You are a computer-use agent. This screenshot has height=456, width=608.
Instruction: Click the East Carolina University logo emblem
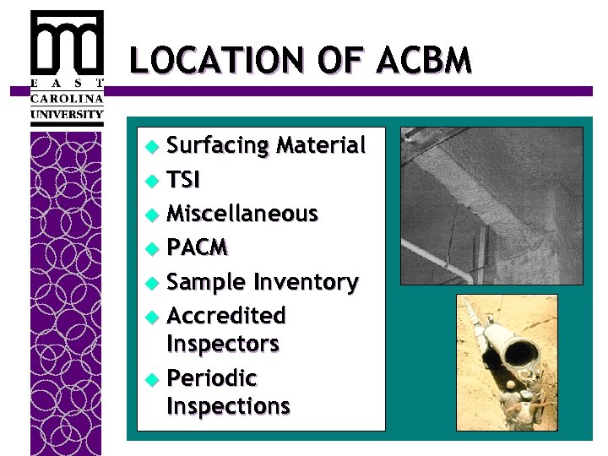click(67, 43)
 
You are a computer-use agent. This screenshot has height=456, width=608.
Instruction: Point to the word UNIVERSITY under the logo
click(67, 114)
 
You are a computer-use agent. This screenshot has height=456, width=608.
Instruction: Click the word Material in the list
click(322, 145)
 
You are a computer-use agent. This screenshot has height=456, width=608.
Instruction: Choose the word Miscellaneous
click(242, 214)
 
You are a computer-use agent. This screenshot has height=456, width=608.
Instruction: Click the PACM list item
click(198, 247)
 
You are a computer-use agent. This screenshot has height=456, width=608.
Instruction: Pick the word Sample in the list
click(206, 282)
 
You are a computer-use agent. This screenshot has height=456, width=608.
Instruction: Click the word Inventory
click(306, 281)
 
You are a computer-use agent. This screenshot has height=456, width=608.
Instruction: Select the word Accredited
click(227, 316)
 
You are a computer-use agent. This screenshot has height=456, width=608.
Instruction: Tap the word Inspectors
click(223, 344)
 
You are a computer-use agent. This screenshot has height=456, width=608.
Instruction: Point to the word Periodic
click(212, 377)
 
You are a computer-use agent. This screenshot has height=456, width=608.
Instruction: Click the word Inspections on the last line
click(229, 405)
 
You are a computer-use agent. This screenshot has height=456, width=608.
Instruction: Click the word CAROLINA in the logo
click(67, 98)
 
